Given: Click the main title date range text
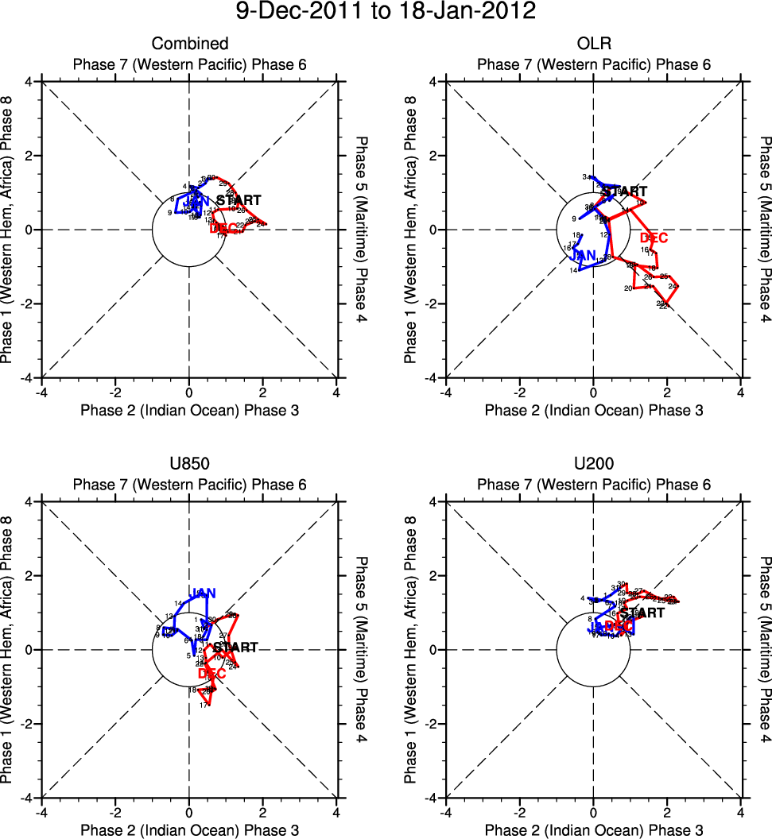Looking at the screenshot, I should coord(386,13).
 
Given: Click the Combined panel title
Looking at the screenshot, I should coord(190,44).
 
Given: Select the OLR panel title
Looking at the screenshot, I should coord(593,44).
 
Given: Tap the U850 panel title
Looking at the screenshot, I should coord(190,464).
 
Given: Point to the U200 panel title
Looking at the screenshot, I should coord(593,464).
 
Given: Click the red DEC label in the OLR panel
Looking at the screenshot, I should coord(654,238).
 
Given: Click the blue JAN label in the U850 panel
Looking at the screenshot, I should coord(204,593).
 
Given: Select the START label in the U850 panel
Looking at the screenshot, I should coord(235,648).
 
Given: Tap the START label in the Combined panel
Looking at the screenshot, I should coord(239,200).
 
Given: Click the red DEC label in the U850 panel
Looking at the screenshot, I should coord(211,673).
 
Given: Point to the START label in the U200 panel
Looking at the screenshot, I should coord(642,613).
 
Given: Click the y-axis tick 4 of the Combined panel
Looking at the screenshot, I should coord(29,81).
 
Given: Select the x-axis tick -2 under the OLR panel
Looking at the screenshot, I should coord(519,392).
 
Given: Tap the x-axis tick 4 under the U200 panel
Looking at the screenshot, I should coord(741,813).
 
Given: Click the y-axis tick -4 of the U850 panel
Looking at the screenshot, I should coord(26,798).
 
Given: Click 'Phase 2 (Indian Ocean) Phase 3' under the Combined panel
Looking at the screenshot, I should coord(190,411).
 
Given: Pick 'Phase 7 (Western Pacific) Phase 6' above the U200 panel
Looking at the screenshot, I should coord(593,485).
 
